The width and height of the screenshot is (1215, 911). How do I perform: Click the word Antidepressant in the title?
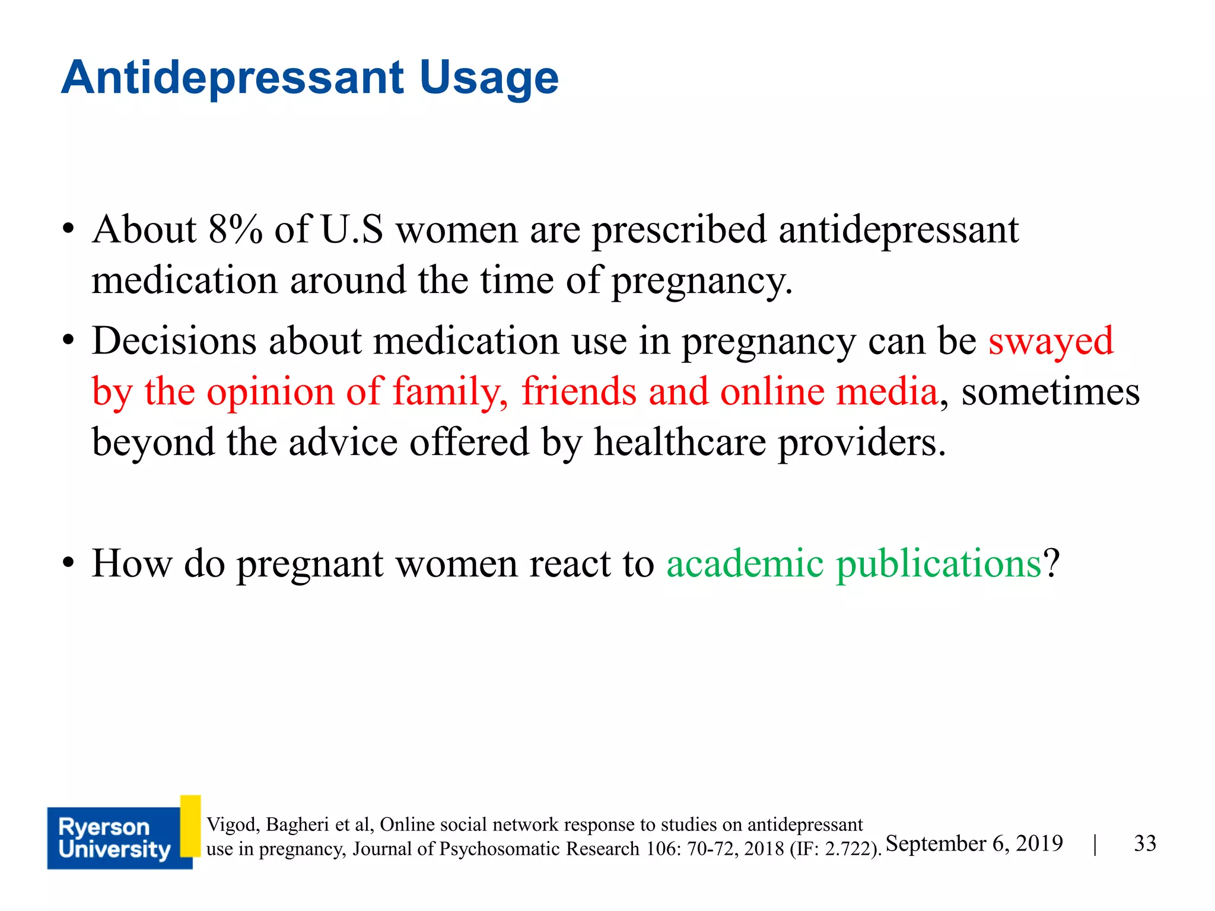tap(233, 78)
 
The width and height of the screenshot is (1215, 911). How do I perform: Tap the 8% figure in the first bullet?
tap(235, 230)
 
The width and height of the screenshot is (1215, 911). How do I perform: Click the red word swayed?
tap(1051, 342)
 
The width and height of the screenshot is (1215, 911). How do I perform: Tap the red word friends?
tap(578, 392)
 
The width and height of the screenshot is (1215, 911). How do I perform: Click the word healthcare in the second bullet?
tap(680, 442)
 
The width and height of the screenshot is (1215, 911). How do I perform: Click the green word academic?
tap(745, 563)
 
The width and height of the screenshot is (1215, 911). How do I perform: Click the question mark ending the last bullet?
tap(1051, 563)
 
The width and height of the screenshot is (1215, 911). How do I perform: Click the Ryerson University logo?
tap(113, 838)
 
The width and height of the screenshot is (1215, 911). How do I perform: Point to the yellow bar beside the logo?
tap(190, 826)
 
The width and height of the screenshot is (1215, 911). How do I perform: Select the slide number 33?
tap(1144, 843)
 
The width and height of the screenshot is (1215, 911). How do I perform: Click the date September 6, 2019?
tap(974, 843)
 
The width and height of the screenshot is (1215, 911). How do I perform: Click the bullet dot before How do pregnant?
tap(69, 563)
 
